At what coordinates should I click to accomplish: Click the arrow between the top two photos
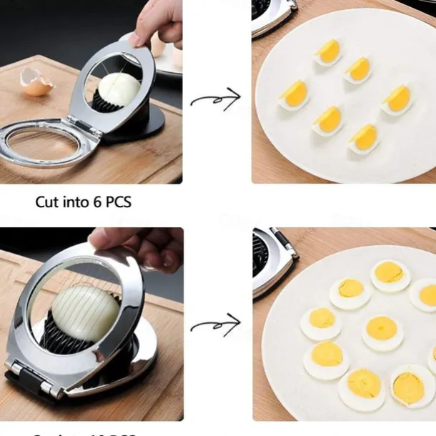(x=216, y=99)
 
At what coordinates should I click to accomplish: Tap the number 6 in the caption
(x=98, y=202)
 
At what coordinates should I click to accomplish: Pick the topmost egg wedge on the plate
(x=328, y=51)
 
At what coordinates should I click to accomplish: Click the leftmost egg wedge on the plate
(x=293, y=94)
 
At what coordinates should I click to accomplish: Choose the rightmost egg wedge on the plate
(x=397, y=99)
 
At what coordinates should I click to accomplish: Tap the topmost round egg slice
(x=390, y=274)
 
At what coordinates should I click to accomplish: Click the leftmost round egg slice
(x=320, y=322)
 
